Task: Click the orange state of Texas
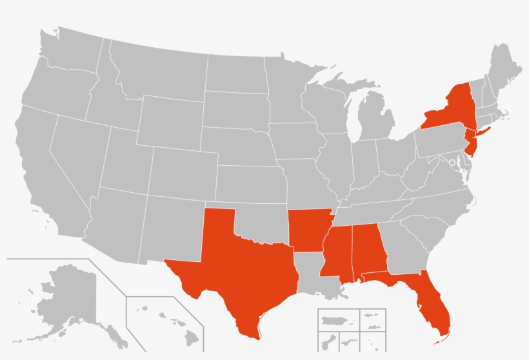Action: (x=239, y=271)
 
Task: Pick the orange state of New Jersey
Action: (x=472, y=141)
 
